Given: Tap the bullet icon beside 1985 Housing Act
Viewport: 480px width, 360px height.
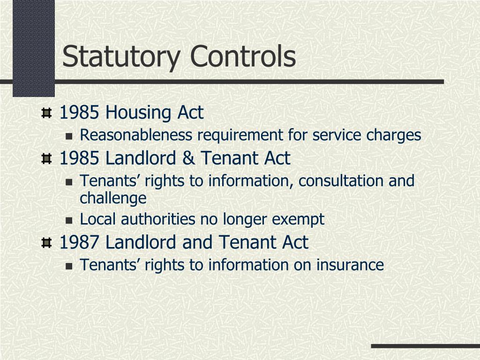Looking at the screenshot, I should click(46, 113).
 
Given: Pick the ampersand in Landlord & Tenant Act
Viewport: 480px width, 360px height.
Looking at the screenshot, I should click(189, 158).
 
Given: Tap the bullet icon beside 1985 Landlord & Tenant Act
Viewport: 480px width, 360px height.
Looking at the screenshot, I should click(46, 159).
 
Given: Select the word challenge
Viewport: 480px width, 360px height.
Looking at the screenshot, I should click(113, 198).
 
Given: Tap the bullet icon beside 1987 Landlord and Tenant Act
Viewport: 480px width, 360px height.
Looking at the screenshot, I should click(46, 243).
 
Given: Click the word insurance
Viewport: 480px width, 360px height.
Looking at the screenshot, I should click(350, 265).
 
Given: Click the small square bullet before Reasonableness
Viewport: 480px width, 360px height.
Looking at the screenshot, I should click(69, 136).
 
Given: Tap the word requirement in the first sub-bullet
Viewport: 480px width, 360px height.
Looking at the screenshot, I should click(240, 135).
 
